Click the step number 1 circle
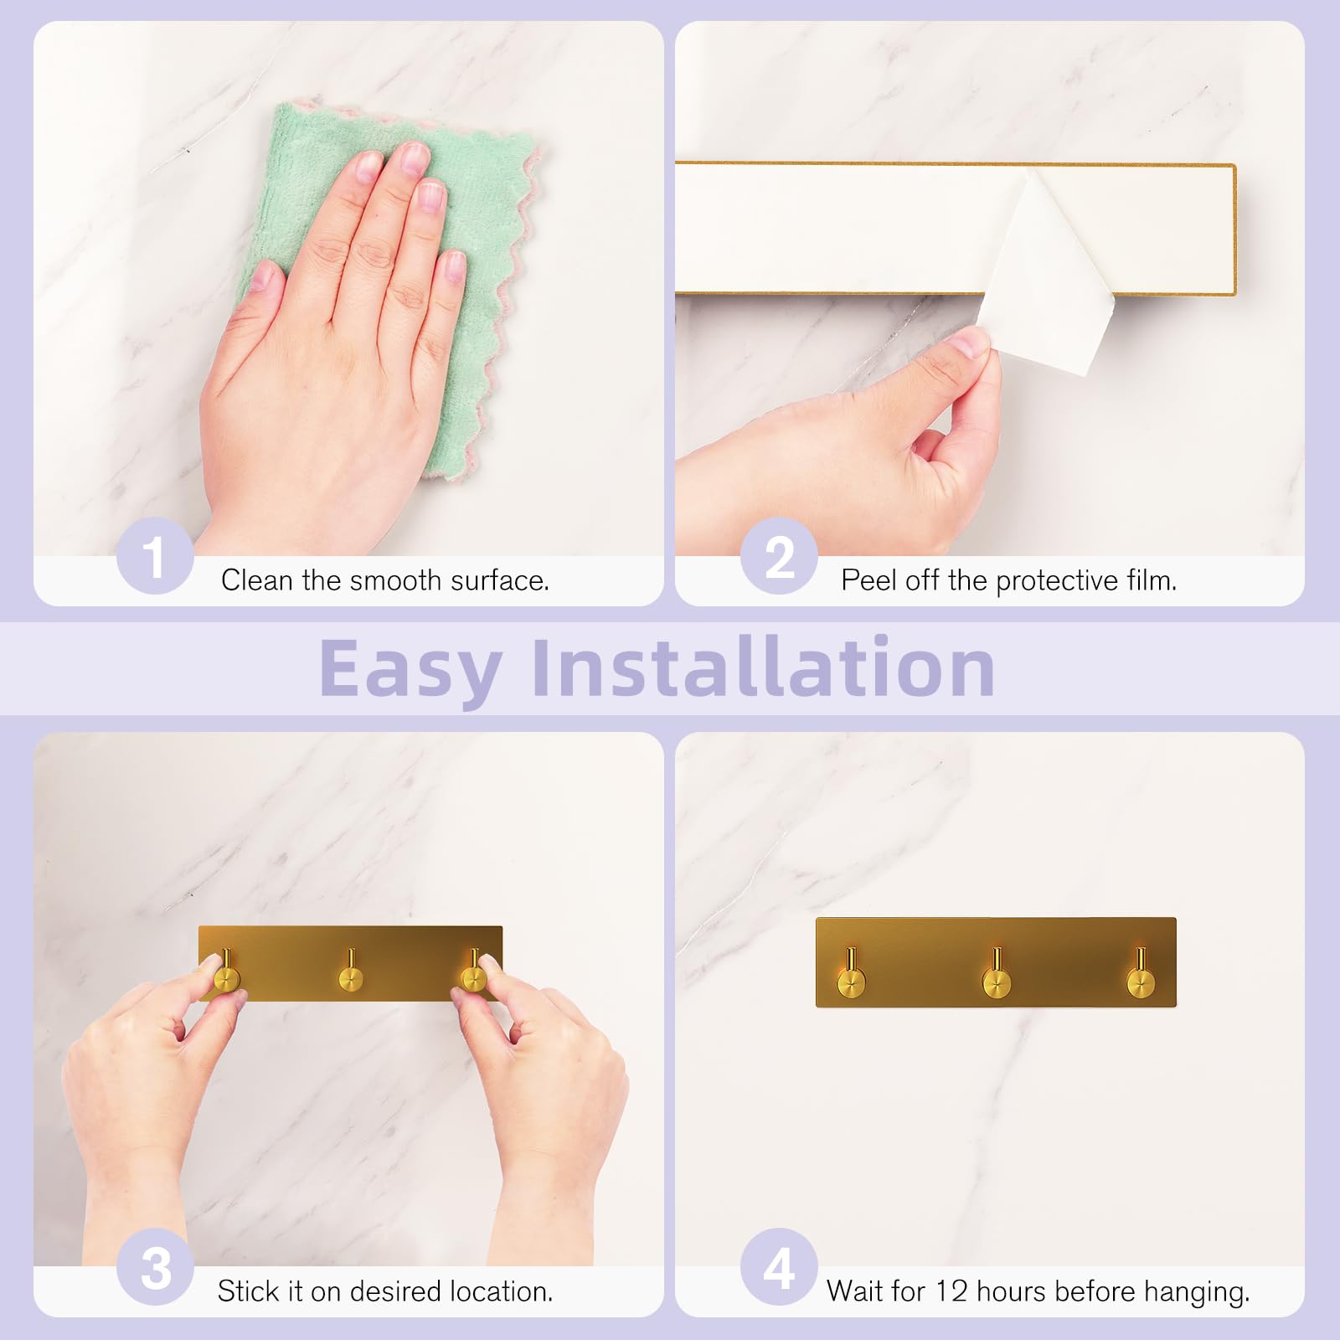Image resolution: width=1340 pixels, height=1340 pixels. point(155,556)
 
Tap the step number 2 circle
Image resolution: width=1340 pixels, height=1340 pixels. point(780,556)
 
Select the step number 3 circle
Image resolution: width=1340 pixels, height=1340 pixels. point(155,1267)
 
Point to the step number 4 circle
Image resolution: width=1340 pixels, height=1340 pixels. point(780,1267)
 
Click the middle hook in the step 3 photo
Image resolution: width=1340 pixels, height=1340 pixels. point(351,971)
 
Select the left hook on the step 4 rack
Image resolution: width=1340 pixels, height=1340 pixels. point(852,974)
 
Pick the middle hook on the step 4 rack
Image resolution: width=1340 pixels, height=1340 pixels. point(996,974)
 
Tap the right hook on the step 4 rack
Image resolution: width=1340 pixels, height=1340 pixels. point(1140,974)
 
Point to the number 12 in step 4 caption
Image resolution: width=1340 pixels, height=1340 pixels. point(951,1291)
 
